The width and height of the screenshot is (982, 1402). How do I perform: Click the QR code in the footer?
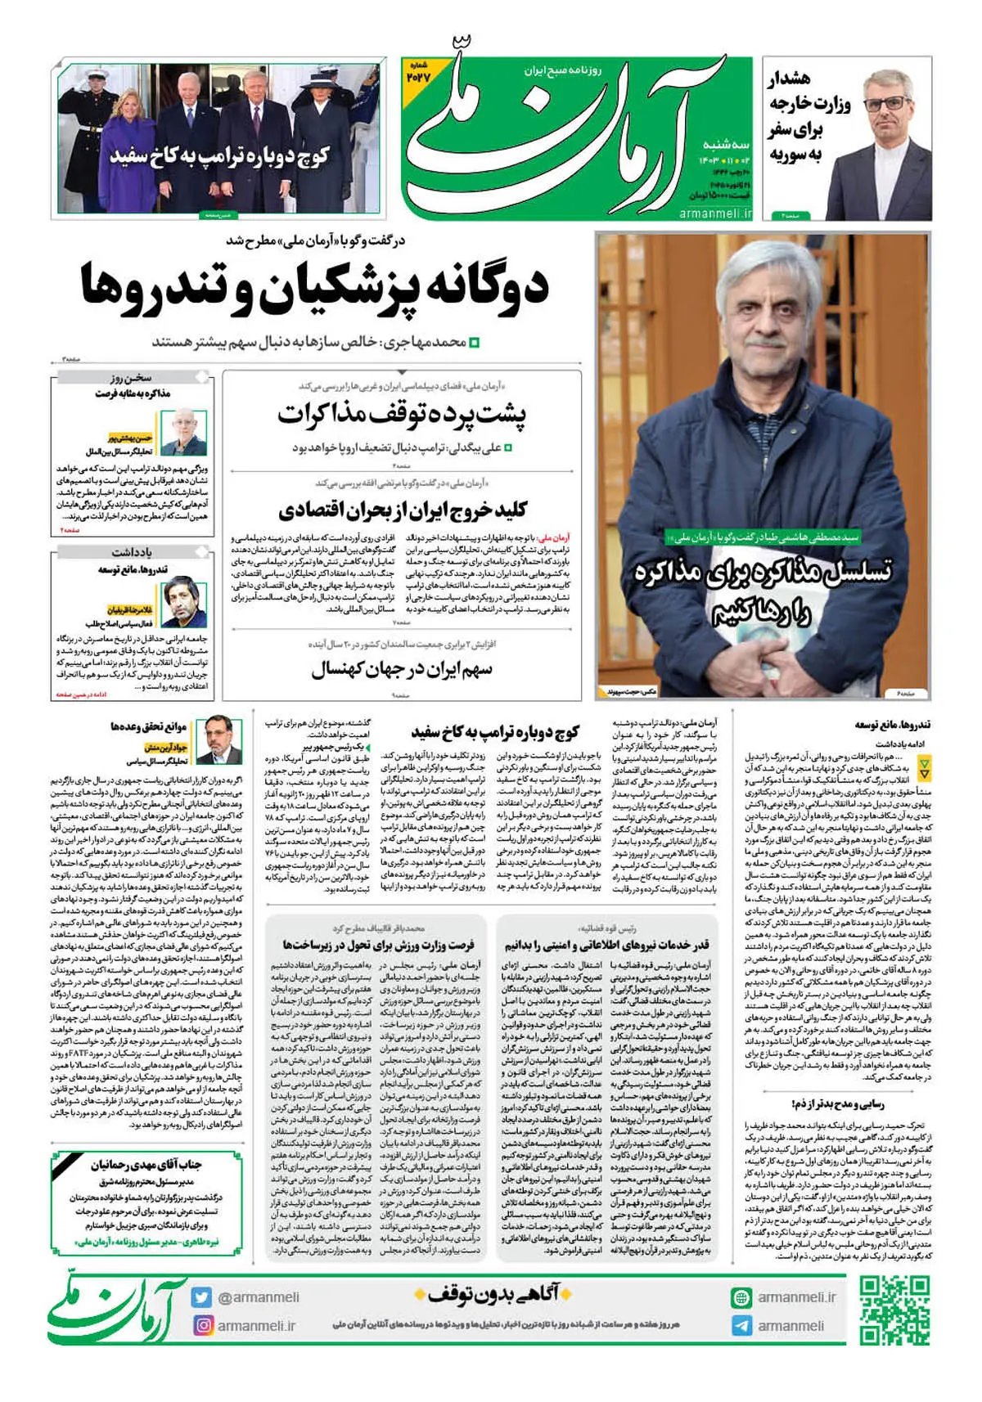(894, 1310)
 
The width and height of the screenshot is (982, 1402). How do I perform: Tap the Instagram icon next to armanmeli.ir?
(202, 1325)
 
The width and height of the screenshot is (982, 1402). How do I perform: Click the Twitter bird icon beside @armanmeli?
(202, 1297)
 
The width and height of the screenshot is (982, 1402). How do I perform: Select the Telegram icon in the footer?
(741, 1326)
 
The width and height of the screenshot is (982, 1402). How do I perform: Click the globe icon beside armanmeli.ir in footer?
(741, 1297)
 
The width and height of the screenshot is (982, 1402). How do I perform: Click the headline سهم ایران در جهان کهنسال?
(401, 670)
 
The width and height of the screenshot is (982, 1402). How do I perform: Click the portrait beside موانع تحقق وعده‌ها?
(223, 735)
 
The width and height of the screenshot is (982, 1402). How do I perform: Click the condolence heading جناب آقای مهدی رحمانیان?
(146, 1164)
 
